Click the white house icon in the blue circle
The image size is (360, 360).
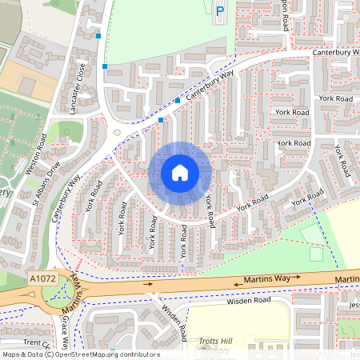180,173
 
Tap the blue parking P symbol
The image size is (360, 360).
220,10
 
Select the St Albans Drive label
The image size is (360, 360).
46,185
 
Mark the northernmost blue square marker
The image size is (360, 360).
98,36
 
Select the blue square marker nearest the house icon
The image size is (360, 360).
161,120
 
